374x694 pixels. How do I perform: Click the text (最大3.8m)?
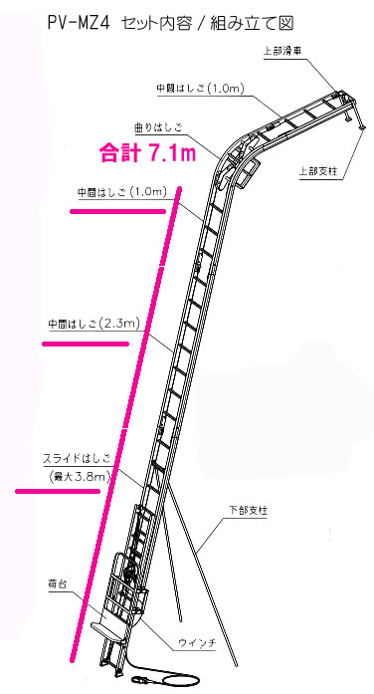(84, 477)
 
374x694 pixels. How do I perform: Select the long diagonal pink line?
(125, 427)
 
